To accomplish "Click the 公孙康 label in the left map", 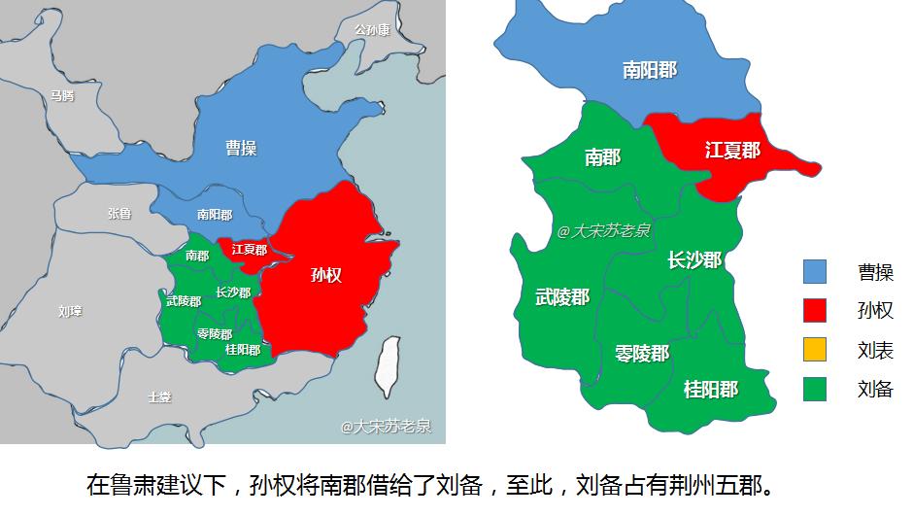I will point(372,29).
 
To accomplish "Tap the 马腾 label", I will point(62,95).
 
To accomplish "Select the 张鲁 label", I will point(118,213).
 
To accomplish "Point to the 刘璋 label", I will point(70,311).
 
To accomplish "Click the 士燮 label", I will point(159,396).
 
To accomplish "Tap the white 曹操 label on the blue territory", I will point(241,148).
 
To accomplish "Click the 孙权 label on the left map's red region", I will point(325,275).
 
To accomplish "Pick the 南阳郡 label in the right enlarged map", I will point(650,70).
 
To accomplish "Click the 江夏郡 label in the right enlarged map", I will point(732,151).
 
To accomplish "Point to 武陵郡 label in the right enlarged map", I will point(562,297).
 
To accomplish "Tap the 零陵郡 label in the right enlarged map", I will point(642,353).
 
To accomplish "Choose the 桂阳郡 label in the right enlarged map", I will point(711,390).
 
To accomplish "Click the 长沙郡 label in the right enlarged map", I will point(694,260).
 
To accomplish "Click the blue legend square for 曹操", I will point(815,272).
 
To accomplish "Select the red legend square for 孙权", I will point(815,311).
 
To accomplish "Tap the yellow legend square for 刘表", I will point(815,350).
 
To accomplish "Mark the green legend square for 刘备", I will point(815,389).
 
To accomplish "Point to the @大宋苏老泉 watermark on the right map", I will point(604,231).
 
